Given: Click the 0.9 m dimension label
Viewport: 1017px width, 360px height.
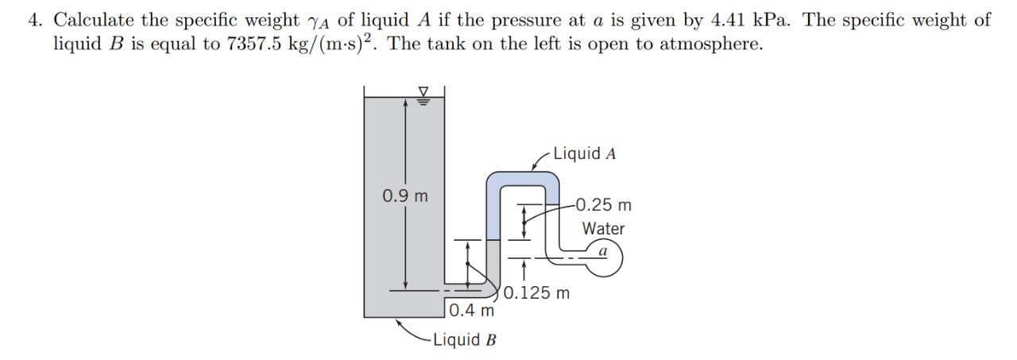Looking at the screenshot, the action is [405, 196].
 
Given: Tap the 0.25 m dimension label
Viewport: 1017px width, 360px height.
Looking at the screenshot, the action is [603, 205].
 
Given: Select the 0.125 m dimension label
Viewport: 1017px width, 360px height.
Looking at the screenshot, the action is [536, 292].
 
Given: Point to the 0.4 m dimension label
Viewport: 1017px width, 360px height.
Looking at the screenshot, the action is [472, 311].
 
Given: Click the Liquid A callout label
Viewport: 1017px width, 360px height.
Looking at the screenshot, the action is [585, 153].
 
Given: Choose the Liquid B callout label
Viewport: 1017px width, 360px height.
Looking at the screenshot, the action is [465, 339].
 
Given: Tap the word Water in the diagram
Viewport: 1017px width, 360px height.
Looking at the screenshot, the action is [603, 228].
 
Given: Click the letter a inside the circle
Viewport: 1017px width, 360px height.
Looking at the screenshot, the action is [603, 251].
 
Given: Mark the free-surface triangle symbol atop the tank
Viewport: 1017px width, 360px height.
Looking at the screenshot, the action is [423, 91].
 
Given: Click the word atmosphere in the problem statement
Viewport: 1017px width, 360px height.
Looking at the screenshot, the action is [711, 44].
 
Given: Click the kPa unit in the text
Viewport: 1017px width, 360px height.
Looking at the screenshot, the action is [771, 20].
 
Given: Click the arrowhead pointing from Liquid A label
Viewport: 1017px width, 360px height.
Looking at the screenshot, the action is [535, 168].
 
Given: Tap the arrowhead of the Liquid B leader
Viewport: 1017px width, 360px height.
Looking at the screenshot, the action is [399, 323].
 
